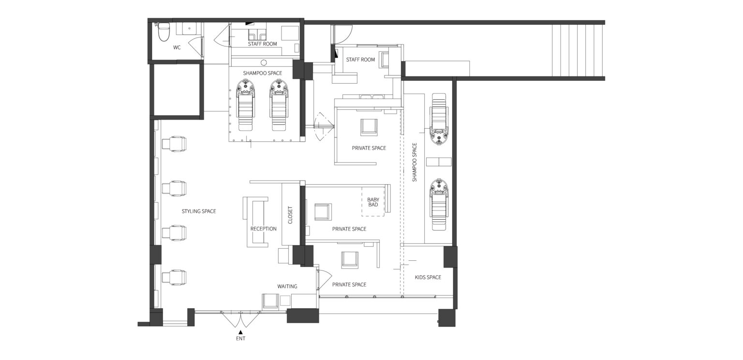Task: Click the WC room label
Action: [177, 47]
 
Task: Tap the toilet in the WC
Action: [163, 32]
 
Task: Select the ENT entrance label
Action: [240, 338]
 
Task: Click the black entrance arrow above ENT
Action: [240, 332]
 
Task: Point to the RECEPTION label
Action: [263, 228]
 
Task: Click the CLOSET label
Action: [290, 215]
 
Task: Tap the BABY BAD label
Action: [373, 202]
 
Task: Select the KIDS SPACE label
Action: [428, 277]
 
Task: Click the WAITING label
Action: [287, 286]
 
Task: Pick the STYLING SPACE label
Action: [199, 211]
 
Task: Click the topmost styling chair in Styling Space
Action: [174, 144]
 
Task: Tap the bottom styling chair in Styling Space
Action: [174, 277]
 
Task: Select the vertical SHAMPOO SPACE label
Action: [414, 162]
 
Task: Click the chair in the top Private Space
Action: [369, 127]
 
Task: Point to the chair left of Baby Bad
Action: [323, 211]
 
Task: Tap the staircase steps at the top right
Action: [577, 50]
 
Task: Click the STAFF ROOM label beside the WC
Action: [262, 44]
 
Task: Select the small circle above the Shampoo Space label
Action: [264, 62]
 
